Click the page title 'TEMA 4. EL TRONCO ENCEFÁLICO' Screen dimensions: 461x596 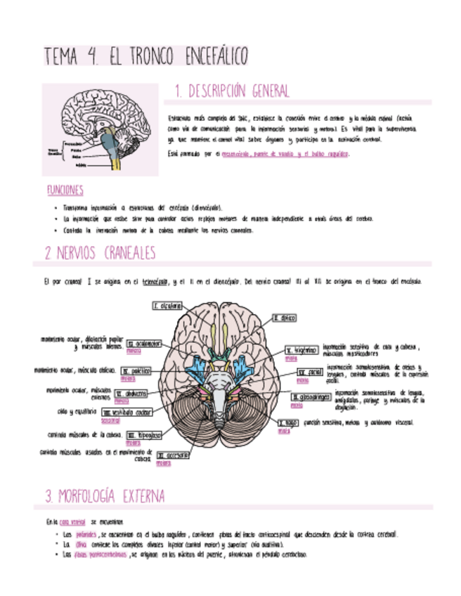point(145,56)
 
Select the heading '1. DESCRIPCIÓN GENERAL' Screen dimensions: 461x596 point(231,91)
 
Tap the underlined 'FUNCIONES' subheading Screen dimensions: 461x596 point(65,190)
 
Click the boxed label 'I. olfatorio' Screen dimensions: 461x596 point(168,306)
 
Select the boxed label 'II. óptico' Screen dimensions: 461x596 point(285,318)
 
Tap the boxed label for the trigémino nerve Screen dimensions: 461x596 point(302,350)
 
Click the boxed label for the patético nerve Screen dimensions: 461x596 point(136,370)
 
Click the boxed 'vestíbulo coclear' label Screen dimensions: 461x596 point(127,413)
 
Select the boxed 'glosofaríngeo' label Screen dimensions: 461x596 point(310,397)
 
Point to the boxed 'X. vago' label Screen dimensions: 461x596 point(289,423)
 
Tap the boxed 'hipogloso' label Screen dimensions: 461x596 point(144,435)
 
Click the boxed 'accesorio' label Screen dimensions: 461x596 point(173,455)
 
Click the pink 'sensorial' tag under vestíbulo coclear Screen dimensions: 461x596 point(110,421)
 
